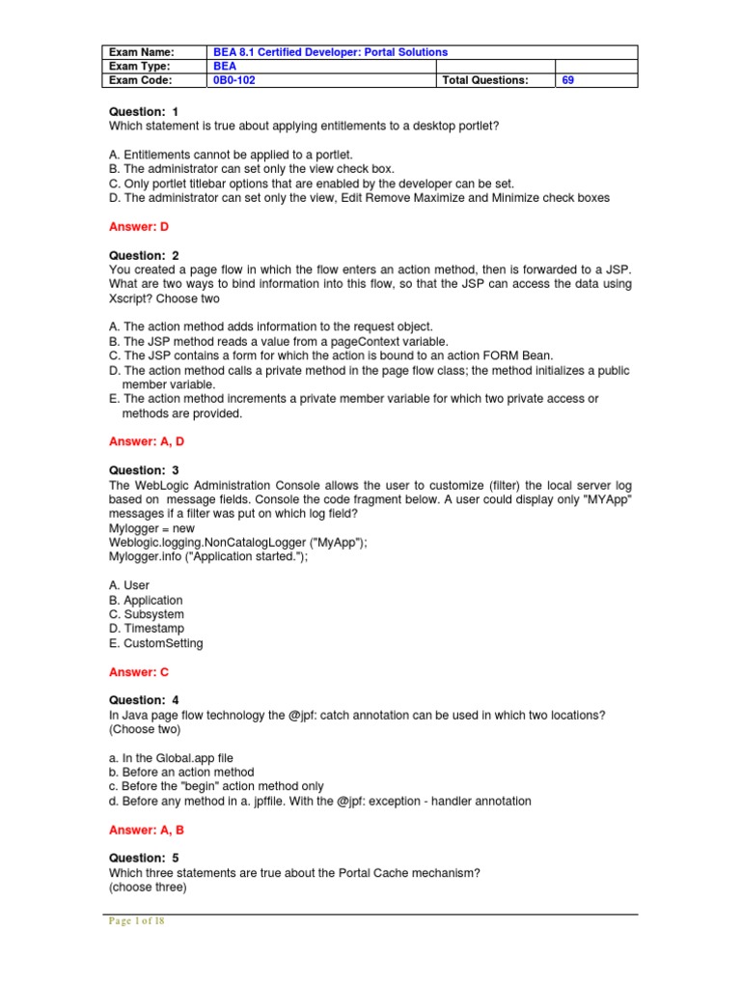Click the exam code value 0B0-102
pyautogui.click(x=234, y=80)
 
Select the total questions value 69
pyautogui.click(x=568, y=80)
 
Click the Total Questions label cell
pyautogui.click(x=485, y=80)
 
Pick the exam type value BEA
pyautogui.click(x=225, y=66)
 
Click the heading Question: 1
pyautogui.click(x=145, y=113)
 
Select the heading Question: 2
pyautogui.click(x=145, y=255)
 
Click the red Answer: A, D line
pyautogui.click(x=147, y=441)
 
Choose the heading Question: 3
pyautogui.click(x=145, y=470)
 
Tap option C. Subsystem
pyautogui.click(x=147, y=614)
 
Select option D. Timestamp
pyautogui.click(x=146, y=629)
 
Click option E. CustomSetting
pyautogui.click(x=156, y=643)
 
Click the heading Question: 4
pyautogui.click(x=145, y=700)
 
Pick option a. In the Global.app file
pyautogui.click(x=171, y=758)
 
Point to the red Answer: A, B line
pyautogui.click(x=147, y=830)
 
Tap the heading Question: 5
pyautogui.click(x=145, y=858)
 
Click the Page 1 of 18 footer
pyautogui.click(x=136, y=921)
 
